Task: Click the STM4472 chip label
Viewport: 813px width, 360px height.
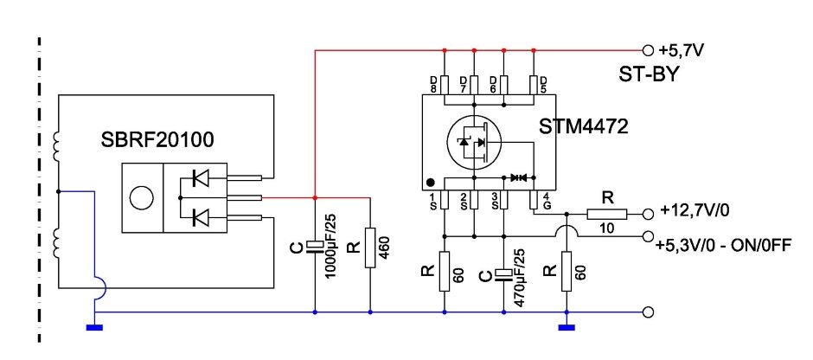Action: click(585, 127)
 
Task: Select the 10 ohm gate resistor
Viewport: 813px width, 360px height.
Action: click(607, 214)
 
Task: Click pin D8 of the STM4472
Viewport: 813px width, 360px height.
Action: click(444, 85)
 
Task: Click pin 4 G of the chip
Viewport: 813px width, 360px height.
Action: click(535, 200)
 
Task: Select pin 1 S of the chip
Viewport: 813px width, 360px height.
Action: click(443, 200)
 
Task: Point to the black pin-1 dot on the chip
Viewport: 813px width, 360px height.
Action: click(430, 183)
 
